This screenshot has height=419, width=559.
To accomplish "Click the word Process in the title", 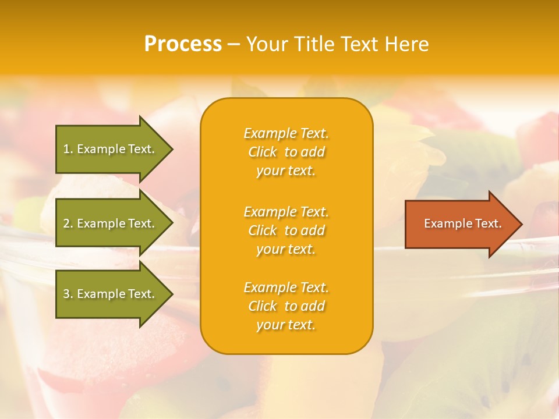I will tap(183, 44).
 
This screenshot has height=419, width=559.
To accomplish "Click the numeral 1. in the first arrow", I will tap(68, 149).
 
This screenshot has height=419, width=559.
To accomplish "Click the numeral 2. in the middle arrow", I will tap(68, 223).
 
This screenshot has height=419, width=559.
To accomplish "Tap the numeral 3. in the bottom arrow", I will tap(68, 294).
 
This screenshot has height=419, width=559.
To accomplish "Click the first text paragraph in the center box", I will tap(286, 152).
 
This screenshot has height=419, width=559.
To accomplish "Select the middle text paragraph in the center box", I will tap(286, 230).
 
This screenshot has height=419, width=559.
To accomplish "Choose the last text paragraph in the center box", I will tap(286, 306).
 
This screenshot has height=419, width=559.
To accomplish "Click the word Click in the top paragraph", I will tap(263, 152).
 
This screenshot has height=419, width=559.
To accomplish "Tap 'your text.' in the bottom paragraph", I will tap(286, 325).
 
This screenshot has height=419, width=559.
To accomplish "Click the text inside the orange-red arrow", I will tap(462, 223).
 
